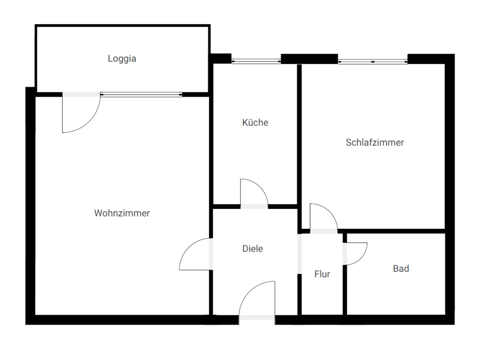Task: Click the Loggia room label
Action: pyautogui.click(x=122, y=58)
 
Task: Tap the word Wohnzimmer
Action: pyautogui.click(x=122, y=213)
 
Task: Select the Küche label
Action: pyautogui.click(x=255, y=123)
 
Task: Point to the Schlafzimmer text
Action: pyautogui.click(x=375, y=142)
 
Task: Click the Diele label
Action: pyautogui.click(x=253, y=249)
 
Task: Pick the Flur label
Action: pyautogui.click(x=322, y=274)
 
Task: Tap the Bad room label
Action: pyautogui.click(x=401, y=268)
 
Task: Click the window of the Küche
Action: pyautogui.click(x=256, y=61)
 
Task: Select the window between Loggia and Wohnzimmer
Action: pyautogui.click(x=141, y=94)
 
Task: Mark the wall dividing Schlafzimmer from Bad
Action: pyautogui.click(x=395, y=231)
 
